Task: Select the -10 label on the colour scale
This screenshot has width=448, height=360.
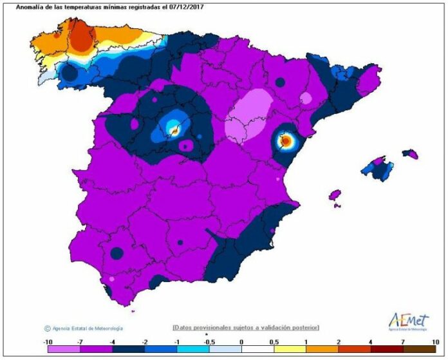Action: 48,341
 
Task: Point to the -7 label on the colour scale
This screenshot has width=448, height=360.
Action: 79,341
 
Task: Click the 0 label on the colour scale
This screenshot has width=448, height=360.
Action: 241,341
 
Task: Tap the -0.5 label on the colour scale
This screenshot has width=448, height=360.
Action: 209,341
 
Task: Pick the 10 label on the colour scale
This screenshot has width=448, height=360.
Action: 436,341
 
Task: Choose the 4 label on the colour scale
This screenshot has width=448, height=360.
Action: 371,341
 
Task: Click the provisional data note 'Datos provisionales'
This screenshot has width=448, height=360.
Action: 245,328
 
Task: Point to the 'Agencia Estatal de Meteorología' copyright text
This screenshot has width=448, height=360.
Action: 84,328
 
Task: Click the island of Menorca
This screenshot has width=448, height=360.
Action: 410,153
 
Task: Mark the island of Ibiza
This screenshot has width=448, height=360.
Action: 334,194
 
